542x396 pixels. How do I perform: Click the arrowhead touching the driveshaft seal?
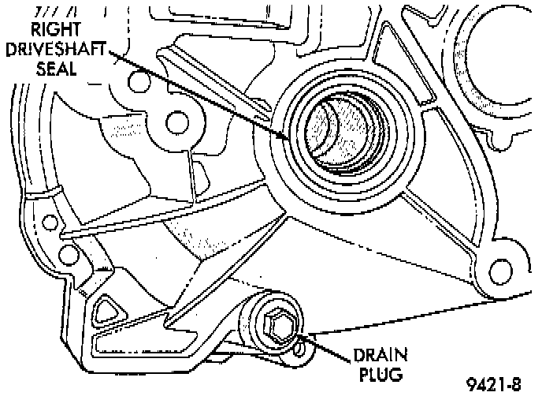click(x=284, y=135)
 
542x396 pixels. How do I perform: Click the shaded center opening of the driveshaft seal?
click(x=342, y=134)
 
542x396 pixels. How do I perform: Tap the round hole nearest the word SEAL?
click(x=139, y=82)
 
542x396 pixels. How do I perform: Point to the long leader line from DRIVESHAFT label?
click(x=197, y=92)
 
